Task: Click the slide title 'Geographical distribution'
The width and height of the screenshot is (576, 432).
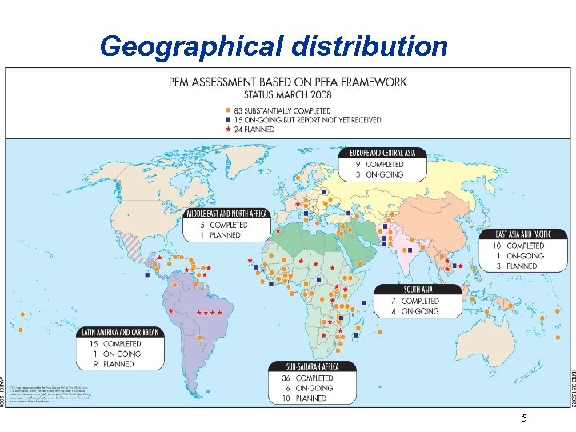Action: coord(274,46)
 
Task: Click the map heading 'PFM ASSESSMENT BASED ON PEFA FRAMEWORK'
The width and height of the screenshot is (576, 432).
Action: coord(287,82)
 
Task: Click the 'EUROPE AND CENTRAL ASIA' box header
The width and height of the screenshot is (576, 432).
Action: coord(387,153)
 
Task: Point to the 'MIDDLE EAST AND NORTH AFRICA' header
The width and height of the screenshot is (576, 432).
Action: coord(228,214)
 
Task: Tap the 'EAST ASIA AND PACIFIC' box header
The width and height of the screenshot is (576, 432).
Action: coord(518,234)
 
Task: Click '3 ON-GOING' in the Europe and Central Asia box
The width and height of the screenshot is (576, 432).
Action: coord(384,174)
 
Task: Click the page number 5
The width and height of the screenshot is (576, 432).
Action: coord(525,418)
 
